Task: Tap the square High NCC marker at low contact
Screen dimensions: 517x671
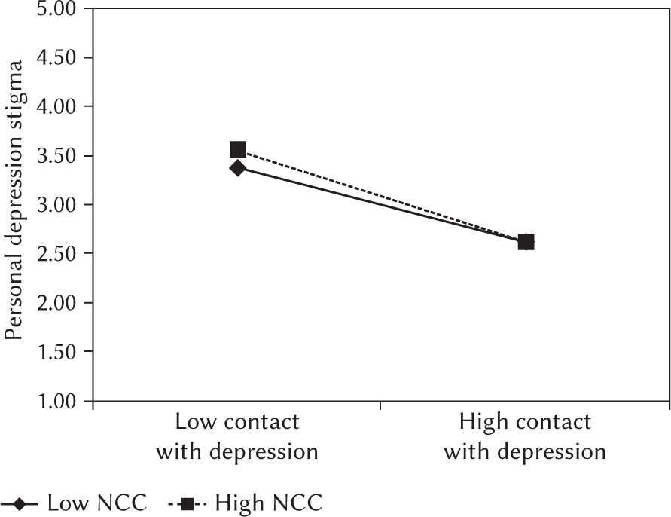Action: point(238,149)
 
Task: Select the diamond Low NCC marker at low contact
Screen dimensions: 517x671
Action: point(237,168)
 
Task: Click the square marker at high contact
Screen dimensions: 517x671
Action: point(526,242)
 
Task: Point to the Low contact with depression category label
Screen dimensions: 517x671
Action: point(236,436)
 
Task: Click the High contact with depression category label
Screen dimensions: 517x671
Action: point(525,436)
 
